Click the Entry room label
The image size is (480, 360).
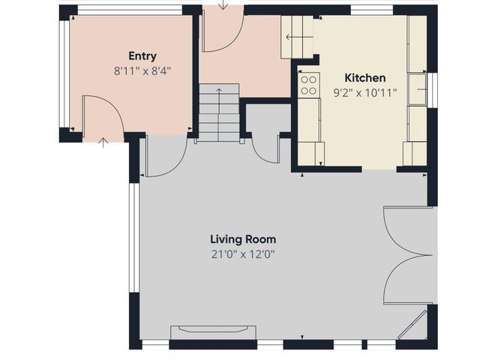[x=142, y=56]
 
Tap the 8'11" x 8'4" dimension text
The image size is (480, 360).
[x=142, y=71]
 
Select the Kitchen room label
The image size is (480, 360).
[x=365, y=78]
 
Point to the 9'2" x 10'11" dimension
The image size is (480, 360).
[x=365, y=92]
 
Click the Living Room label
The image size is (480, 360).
[x=243, y=239]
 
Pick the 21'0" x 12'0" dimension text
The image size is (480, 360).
[x=243, y=254]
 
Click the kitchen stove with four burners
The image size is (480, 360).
[x=309, y=85]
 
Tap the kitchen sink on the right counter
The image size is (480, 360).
[x=417, y=89]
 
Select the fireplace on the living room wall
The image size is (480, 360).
[x=213, y=332]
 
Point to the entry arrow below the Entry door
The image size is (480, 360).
[x=103, y=142]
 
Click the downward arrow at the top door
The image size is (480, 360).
[x=223, y=4]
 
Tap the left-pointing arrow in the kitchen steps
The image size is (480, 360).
[x=299, y=37]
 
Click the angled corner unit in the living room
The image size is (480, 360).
[x=412, y=325]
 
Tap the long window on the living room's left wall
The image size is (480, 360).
[x=134, y=238]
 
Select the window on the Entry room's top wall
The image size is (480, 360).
[x=130, y=10]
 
